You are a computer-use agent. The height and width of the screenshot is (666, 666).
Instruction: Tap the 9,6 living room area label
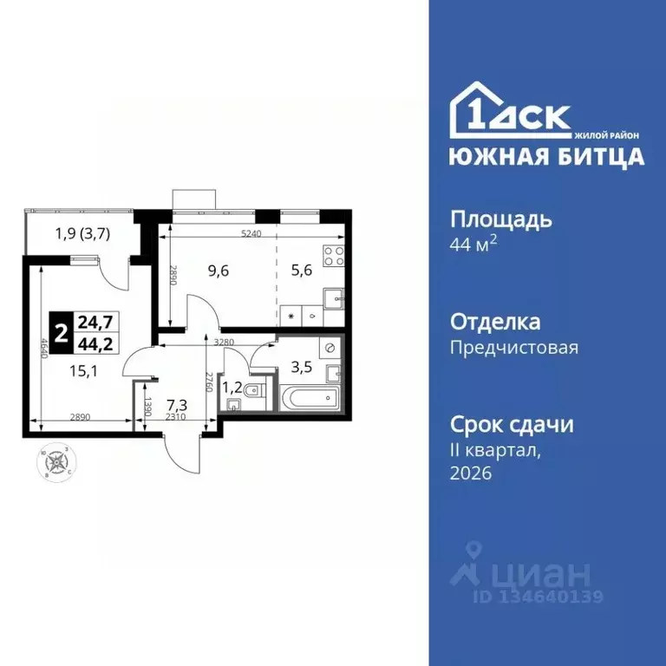219,270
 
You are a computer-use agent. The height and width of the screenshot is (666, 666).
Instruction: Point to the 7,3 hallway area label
178,404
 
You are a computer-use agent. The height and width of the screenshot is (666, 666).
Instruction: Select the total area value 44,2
95,343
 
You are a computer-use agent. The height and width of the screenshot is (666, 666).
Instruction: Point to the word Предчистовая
513,348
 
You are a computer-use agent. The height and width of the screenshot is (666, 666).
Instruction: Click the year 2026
470,473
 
